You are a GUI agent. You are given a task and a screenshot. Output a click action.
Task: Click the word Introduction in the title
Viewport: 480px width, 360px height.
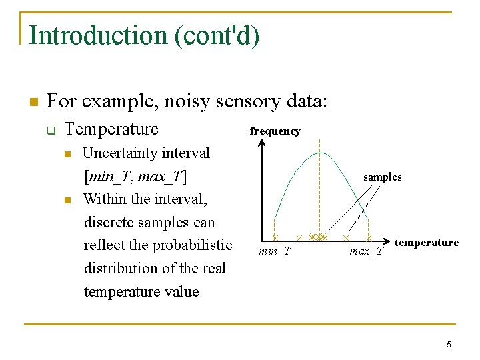pos(98,35)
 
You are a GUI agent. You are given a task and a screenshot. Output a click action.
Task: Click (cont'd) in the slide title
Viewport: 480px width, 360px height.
pos(217,35)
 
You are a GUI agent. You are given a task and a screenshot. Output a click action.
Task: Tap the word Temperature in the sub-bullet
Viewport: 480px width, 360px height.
pos(111,129)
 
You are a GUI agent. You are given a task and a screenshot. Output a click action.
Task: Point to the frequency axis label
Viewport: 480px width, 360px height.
pos(275,131)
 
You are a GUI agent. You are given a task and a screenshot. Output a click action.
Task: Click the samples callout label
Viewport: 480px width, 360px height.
pos(382,177)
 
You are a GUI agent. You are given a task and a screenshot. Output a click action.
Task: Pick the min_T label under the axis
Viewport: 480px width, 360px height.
pos(275,251)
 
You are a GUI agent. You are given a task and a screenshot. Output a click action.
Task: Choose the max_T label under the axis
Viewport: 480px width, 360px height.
pos(367,251)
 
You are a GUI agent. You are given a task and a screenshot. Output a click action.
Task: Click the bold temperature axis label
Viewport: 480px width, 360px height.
pos(427,243)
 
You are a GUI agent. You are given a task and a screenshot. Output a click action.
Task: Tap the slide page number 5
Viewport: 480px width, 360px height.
pos(449,345)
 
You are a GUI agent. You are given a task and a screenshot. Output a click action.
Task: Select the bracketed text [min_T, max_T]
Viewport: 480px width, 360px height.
pos(135,177)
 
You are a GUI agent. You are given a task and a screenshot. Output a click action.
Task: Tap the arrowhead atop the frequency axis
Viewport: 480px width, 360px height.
pos(261,142)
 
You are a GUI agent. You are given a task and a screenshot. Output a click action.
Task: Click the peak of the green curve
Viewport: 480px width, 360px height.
pos(320,153)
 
